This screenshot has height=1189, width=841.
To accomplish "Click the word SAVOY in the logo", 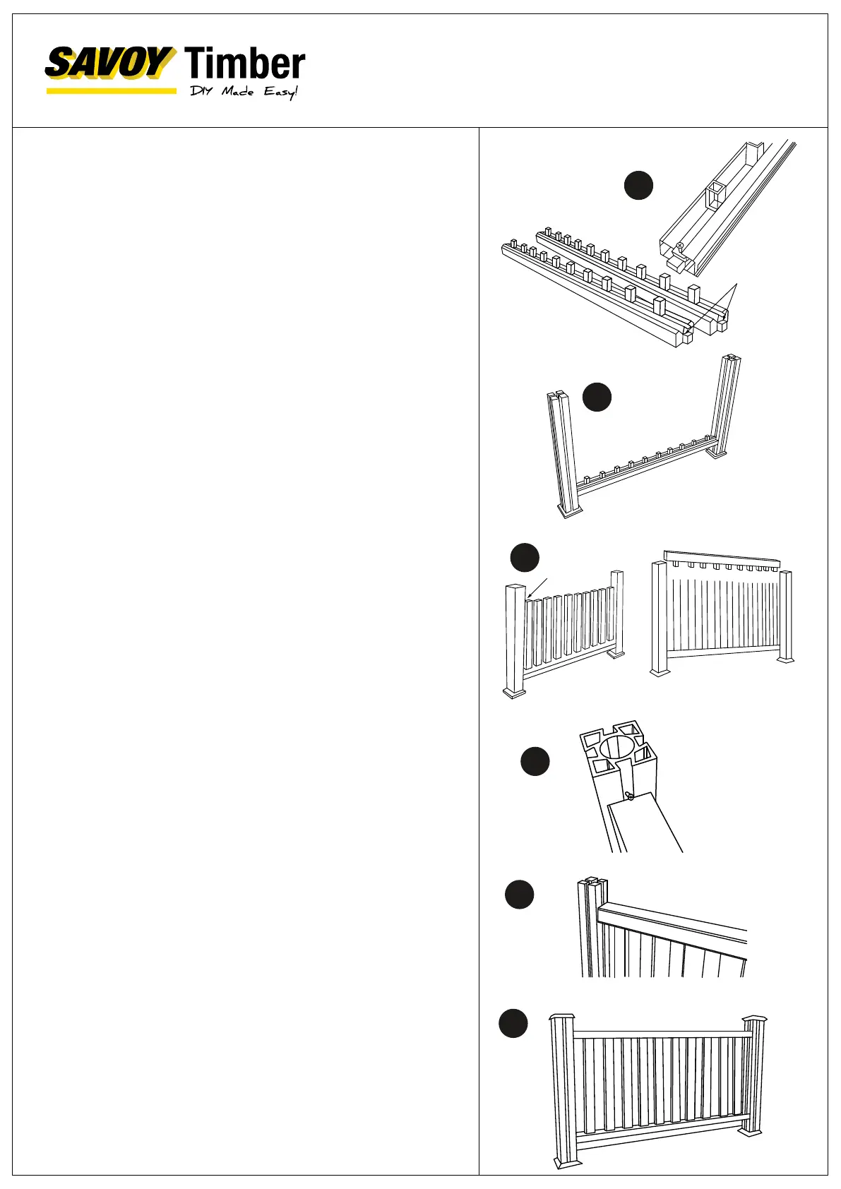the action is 109,64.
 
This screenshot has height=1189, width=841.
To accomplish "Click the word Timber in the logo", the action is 244,64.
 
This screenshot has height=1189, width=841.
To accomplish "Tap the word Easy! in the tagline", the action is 281,92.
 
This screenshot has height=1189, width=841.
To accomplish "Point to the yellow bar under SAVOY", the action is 111,90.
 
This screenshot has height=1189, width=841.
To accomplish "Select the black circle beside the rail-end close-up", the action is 638,185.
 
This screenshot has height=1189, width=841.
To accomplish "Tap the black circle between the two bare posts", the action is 597,397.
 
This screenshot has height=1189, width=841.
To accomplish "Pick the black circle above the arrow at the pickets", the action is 525,557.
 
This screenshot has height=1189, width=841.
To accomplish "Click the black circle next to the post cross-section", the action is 535,761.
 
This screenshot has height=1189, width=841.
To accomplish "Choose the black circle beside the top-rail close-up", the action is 519,894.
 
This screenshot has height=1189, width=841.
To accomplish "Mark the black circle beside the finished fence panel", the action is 513,1024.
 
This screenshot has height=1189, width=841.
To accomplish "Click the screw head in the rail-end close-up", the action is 679,246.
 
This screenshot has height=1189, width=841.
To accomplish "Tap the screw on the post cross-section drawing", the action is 628,797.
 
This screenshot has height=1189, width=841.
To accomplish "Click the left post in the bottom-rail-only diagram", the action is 564,452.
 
